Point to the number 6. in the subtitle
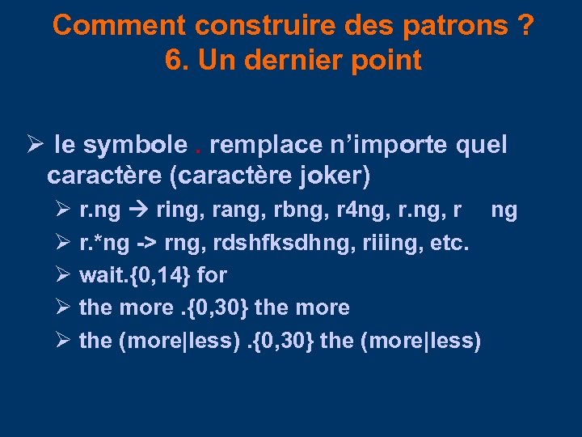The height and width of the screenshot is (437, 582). point(174,60)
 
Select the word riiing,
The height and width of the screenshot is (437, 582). point(389,244)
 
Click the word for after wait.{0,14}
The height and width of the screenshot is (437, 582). point(212,276)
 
